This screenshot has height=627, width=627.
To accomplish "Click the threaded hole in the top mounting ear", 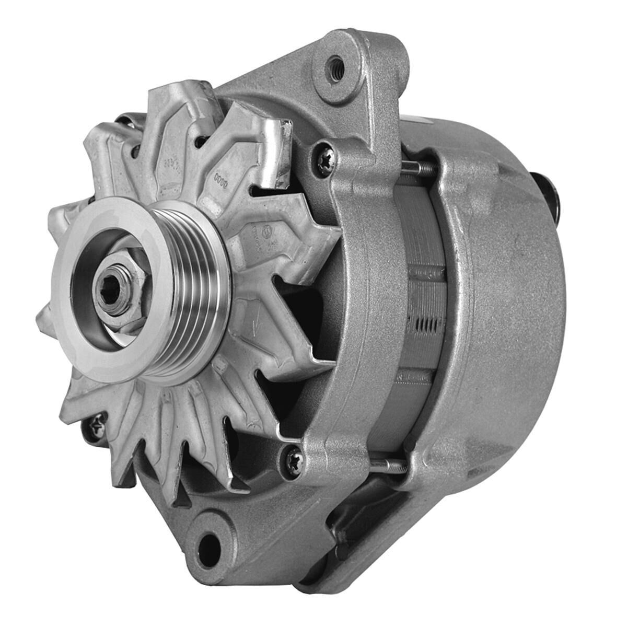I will [335, 66].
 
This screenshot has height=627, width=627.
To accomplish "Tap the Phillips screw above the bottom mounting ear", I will [292, 460].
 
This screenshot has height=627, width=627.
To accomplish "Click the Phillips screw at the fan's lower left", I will [97, 426].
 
